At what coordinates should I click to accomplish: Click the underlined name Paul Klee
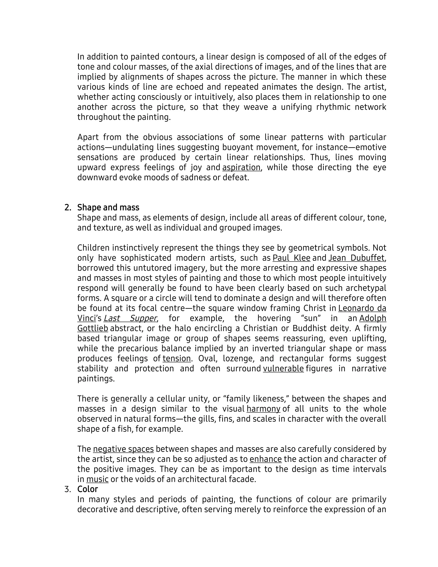292,258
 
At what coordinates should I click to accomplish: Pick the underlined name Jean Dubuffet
356,258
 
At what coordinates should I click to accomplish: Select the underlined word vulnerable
283,369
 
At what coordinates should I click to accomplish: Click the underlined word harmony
263,409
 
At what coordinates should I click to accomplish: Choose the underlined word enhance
265,459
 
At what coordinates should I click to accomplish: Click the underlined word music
97,479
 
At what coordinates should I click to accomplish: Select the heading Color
87,489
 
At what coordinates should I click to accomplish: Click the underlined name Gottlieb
93,328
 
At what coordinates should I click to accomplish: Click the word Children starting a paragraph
93,248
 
